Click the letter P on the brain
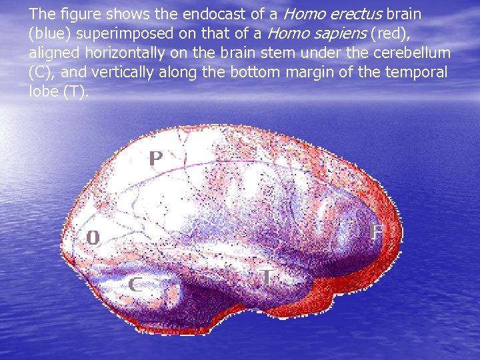point(155,159)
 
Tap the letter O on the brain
point(93,237)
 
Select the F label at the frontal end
point(377,232)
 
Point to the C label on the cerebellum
point(135,285)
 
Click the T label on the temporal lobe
point(267,277)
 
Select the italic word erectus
point(355,15)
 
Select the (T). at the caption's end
point(74,92)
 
